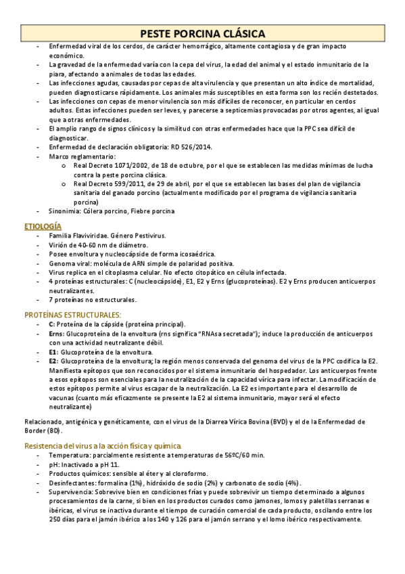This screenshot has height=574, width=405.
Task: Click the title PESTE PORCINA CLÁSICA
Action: coord(202,33)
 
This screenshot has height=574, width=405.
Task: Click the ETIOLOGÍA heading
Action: coord(43,225)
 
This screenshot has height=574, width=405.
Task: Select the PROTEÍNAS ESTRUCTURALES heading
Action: coord(73,315)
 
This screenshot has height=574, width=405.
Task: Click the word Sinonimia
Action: coord(65,211)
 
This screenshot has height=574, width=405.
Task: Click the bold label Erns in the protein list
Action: coord(55,334)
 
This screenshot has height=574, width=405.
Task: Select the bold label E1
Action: coord(53,353)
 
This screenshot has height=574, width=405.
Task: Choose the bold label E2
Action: coord(53,362)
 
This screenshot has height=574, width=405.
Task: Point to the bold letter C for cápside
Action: coord(51,324)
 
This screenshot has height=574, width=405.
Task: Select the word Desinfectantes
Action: coord(72,483)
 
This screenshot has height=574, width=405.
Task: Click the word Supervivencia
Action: coord(70,493)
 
